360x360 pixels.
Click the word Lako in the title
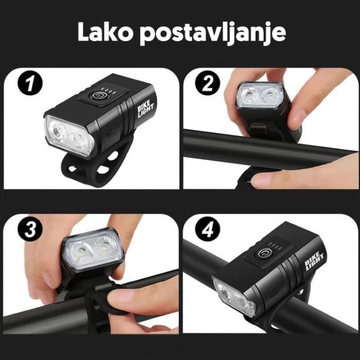coord(105,32)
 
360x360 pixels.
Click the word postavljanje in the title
coord(213,34)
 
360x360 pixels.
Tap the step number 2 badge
coord(208,83)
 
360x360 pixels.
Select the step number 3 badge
coord(30,229)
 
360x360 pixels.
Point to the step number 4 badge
coord(208,229)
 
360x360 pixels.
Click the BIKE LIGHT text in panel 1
coord(146,109)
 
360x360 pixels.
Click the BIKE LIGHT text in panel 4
coord(314,261)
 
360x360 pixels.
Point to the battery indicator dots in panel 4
coord(275,245)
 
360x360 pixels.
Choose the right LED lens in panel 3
coord(105,248)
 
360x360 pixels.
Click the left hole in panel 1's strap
coord(73,169)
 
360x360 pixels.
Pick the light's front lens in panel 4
coord(234,298)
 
